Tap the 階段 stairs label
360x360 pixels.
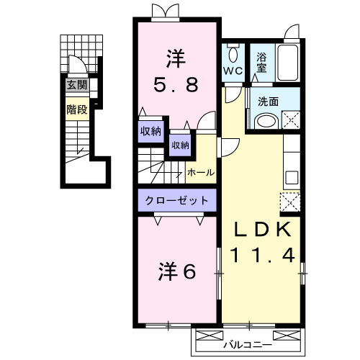77,110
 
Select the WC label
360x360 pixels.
232,71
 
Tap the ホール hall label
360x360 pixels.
198,173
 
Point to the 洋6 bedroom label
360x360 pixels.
177,271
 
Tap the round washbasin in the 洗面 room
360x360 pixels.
266,121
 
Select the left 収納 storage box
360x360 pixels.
150,131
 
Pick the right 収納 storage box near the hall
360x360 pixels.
180,145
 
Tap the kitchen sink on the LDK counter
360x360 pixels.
292,177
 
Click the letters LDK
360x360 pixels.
260,229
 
